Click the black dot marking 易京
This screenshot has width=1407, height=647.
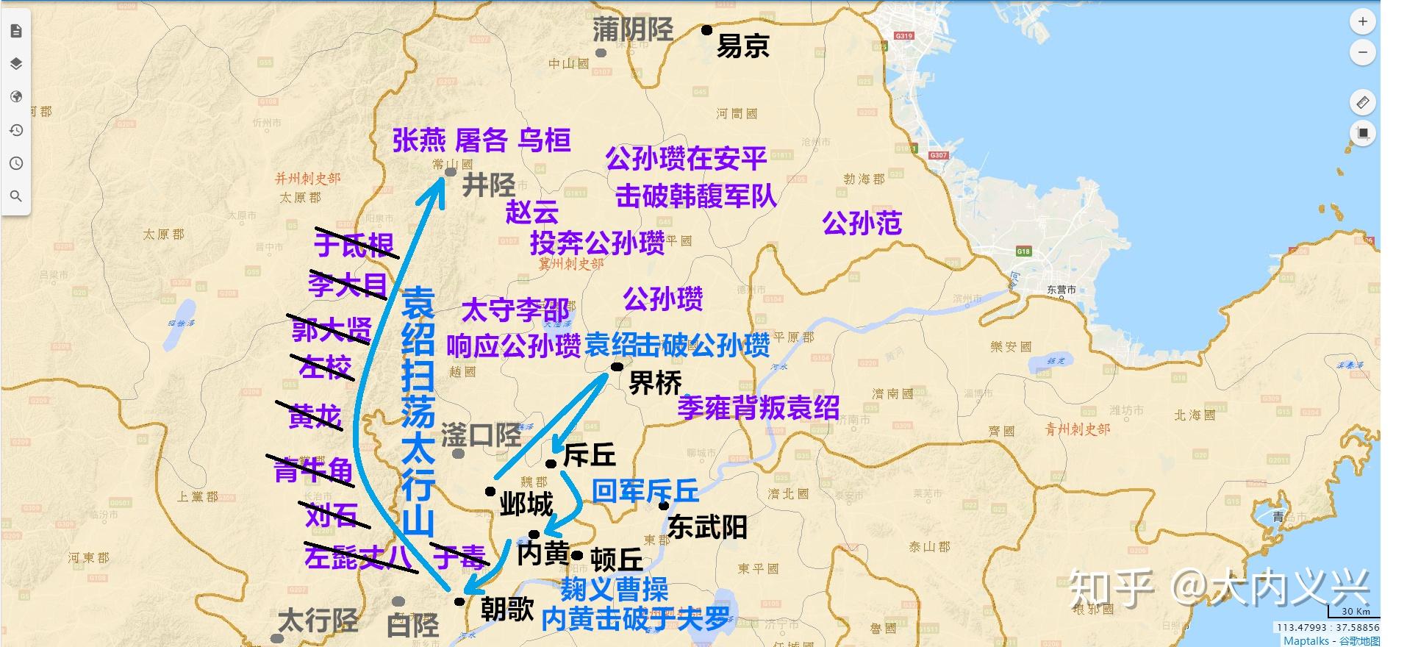pyautogui.click(x=706, y=30)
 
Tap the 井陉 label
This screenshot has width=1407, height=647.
pyautogui.click(x=488, y=185)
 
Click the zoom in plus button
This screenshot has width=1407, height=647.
pyautogui.click(x=1362, y=22)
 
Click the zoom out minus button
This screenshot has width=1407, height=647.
pyautogui.click(x=1362, y=53)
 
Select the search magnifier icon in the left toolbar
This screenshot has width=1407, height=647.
pyautogui.click(x=16, y=196)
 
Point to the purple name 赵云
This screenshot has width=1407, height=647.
pyautogui.click(x=531, y=212)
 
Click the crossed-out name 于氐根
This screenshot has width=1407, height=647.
pyautogui.click(x=354, y=244)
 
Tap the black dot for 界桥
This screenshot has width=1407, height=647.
pyautogui.click(x=617, y=367)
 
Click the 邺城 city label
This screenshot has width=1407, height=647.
pyautogui.click(x=526, y=504)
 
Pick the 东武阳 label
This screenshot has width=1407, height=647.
pyautogui.click(x=707, y=527)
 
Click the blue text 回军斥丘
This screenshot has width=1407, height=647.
pyautogui.click(x=645, y=490)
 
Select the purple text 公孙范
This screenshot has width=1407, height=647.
pyautogui.click(x=862, y=223)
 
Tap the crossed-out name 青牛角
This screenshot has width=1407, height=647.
pyautogui.click(x=312, y=471)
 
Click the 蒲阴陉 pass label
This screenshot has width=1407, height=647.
pyautogui.click(x=633, y=30)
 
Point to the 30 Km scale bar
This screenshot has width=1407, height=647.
pyautogui.click(x=1355, y=613)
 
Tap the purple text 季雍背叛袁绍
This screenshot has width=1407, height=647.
pyautogui.click(x=758, y=407)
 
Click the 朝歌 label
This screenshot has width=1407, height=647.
pyautogui.click(x=506, y=609)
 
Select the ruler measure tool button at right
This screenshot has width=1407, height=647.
pyautogui.click(x=1362, y=102)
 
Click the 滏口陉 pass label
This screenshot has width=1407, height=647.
pyautogui.click(x=481, y=435)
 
